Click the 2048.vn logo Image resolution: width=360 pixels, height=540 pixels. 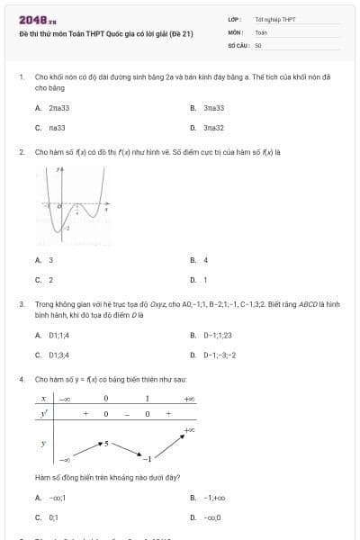pos(37,19)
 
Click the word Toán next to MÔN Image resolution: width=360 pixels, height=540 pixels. pos(261,31)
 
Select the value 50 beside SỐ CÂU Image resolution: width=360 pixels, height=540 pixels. pos(258,43)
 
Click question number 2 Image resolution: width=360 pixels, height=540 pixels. pos(21,152)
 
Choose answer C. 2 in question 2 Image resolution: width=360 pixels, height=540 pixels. pos(44,280)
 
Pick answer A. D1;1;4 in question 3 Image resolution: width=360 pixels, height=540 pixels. pos(57,335)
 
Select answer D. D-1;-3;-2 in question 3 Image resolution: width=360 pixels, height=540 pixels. pos(219,355)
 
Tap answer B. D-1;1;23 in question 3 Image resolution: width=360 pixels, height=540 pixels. pos(217,335)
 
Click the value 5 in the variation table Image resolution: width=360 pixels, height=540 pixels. pos(106,444)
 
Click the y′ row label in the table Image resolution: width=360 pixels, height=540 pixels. pos(43,413)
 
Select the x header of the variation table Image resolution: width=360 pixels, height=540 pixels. pos(43,398)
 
